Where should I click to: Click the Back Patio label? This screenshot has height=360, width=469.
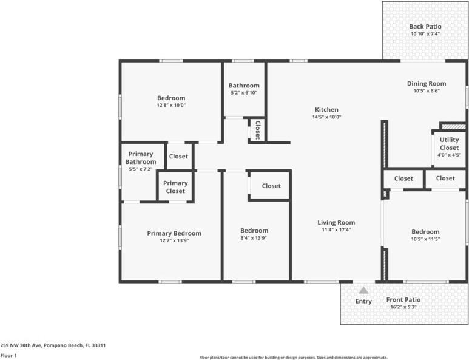425,27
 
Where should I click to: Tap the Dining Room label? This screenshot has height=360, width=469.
426,84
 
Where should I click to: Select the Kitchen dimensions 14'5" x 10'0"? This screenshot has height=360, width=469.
326,117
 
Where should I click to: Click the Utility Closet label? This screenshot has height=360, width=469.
449,143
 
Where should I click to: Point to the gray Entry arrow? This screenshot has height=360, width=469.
363,290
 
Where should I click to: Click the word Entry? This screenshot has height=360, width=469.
363,302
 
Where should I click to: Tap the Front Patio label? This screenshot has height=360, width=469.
403,300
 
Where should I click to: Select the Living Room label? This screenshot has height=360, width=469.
336,222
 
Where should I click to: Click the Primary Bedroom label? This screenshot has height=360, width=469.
174,233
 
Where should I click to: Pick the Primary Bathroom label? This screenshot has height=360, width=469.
140,158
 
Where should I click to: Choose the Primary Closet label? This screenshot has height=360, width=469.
175,187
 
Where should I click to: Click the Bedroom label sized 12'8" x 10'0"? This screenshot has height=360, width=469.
171,98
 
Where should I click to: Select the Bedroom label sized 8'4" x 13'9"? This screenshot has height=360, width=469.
254,231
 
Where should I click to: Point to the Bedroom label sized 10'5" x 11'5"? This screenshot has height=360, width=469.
425,232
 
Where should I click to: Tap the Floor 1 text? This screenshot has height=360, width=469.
8,355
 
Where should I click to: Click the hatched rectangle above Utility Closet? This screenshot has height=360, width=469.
453,126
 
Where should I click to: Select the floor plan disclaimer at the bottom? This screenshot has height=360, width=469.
294,358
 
